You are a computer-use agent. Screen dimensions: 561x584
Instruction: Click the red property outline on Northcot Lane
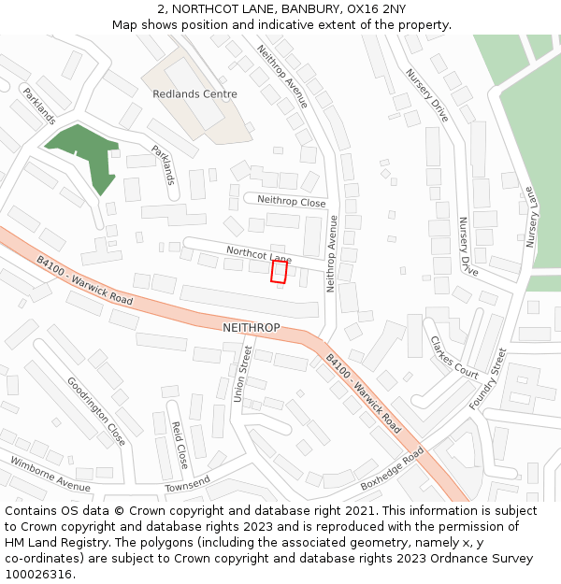278,271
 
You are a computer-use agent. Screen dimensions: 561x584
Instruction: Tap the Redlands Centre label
194,94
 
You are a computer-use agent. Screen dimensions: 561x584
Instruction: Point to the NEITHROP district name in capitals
251,328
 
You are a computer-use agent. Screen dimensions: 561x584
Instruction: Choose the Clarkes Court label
453,358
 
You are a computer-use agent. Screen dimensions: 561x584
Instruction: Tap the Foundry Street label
487,379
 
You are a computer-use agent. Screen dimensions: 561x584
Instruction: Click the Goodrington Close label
96,411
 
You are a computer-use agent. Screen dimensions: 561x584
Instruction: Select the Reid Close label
180,445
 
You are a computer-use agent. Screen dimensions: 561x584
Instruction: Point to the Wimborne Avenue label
50,475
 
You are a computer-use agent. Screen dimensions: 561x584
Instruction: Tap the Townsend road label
187,485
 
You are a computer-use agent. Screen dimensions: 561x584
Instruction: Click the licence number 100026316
40,574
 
